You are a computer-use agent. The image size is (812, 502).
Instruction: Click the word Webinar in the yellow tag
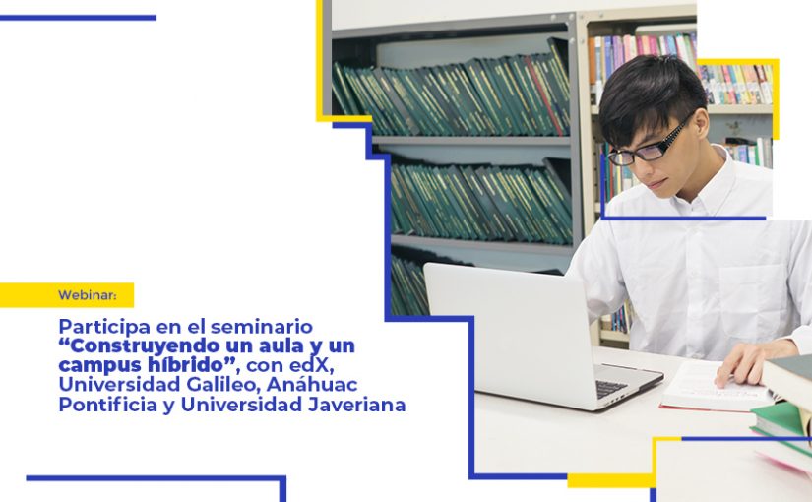(87, 295)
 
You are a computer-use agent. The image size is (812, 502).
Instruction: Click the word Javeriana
(357, 405)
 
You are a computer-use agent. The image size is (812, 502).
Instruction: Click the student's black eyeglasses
(649, 145)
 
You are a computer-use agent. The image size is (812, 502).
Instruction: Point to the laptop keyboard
(612, 388)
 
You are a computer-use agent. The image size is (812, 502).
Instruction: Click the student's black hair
(650, 94)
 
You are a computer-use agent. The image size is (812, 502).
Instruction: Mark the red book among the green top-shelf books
(543, 95)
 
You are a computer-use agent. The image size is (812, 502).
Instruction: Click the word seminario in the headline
(262, 327)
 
